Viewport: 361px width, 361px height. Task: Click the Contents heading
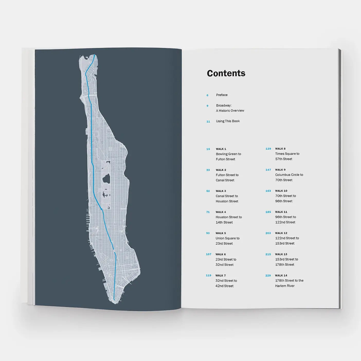pyautogui.click(x=226, y=73)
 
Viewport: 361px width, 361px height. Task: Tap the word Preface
pyautogui.click(x=222, y=95)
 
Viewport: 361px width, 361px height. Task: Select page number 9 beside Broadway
pyautogui.click(x=207, y=106)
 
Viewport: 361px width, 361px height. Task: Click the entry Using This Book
pyautogui.click(x=228, y=121)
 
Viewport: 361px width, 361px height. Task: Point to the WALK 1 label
pyautogui.click(x=221, y=149)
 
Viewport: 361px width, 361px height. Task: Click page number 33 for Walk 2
pyautogui.click(x=208, y=170)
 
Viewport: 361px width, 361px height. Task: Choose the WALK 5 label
pyautogui.click(x=221, y=233)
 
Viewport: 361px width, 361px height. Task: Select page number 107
pyautogui.click(x=209, y=254)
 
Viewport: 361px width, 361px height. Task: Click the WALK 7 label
pyautogui.click(x=220, y=275)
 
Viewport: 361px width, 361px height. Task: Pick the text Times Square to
pyautogui.click(x=287, y=154)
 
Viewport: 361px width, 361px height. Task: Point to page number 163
pyautogui.click(x=268, y=191)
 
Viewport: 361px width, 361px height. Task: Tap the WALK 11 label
pyautogui.click(x=281, y=212)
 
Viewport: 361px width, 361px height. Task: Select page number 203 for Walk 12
pyautogui.click(x=268, y=233)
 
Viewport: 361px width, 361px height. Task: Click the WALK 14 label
pyautogui.click(x=281, y=275)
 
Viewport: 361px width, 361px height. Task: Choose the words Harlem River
pyautogui.click(x=285, y=286)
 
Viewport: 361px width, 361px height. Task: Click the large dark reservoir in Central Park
pyautogui.click(x=106, y=178)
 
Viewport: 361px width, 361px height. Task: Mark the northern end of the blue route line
pyautogui.click(x=95, y=55)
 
